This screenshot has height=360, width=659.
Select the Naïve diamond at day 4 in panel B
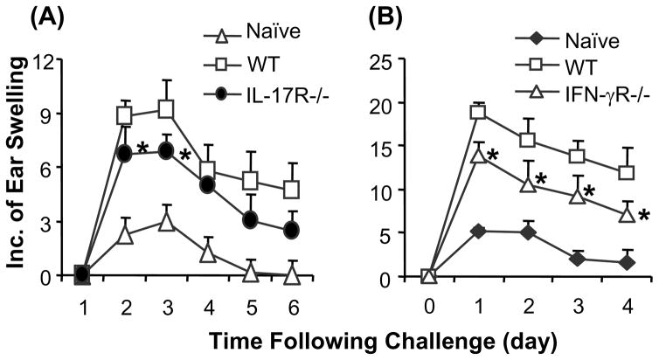tap(601, 263)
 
